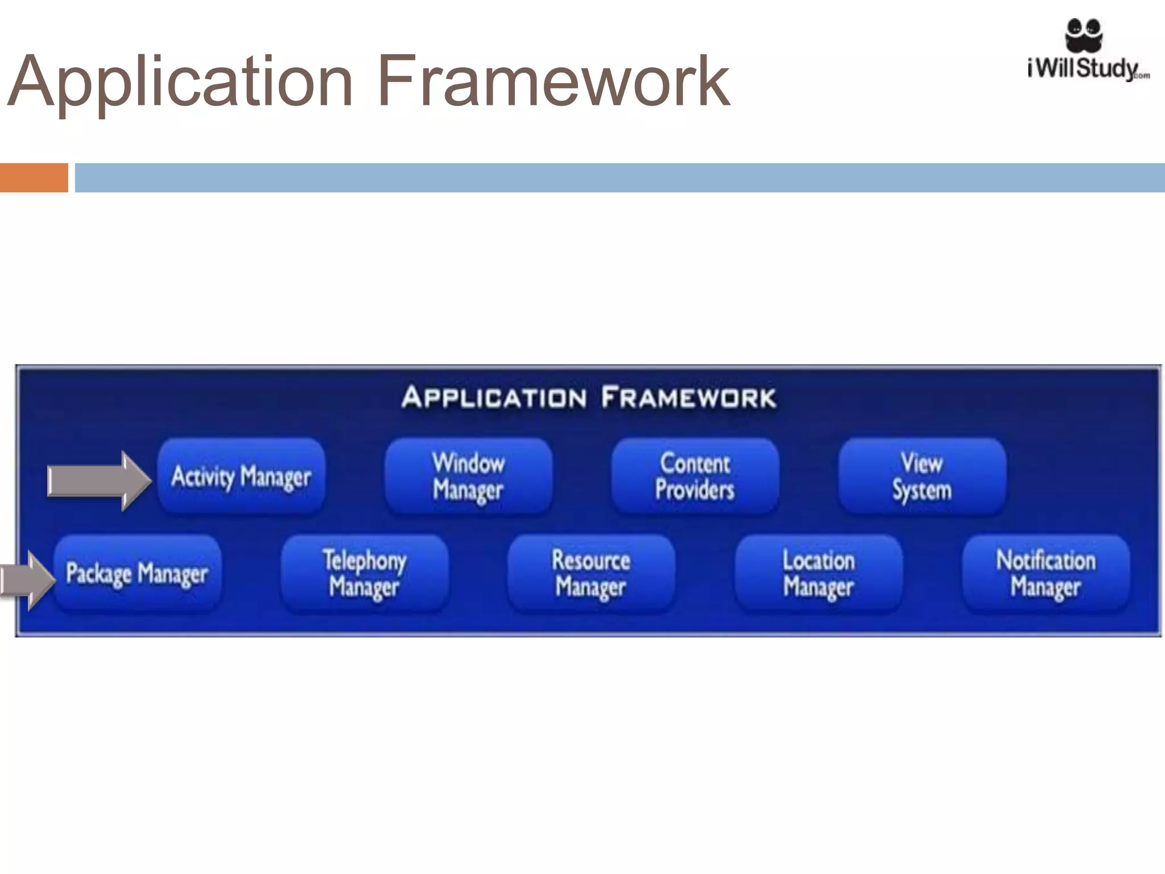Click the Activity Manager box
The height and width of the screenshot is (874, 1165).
click(x=241, y=476)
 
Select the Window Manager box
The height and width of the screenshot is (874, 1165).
click(x=468, y=476)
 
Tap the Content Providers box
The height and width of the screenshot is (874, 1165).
click(x=695, y=476)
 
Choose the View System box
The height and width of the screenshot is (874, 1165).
click(x=922, y=476)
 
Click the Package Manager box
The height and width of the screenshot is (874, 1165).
click(x=137, y=573)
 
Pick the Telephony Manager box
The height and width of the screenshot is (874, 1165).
click(x=364, y=573)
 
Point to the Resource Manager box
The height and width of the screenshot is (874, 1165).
click(x=591, y=573)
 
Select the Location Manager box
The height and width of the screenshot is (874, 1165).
click(x=818, y=573)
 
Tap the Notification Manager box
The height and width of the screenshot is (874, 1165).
click(x=1046, y=573)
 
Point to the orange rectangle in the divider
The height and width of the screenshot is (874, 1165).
click(x=34, y=178)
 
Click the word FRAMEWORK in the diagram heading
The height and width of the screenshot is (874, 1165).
click(x=688, y=397)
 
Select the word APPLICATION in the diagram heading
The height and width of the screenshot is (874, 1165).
click(x=494, y=397)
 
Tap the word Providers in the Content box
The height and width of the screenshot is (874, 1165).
click(x=695, y=490)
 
